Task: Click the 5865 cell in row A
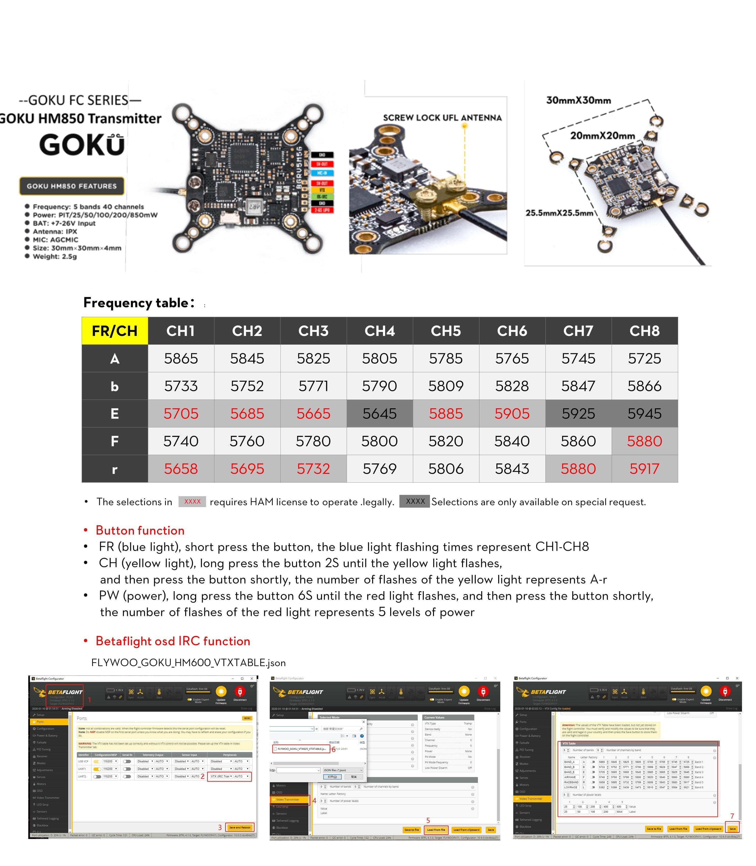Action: pyautogui.click(x=181, y=359)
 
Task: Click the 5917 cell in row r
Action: pyautogui.click(x=644, y=469)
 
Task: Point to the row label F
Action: pyautogui.click(x=115, y=441)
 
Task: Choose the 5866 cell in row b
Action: pyautogui.click(x=644, y=386)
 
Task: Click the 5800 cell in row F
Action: pyautogui.click(x=380, y=441)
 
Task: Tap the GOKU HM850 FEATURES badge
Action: pyautogui.click(x=72, y=186)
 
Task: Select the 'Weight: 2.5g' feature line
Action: pyautogui.click(x=55, y=256)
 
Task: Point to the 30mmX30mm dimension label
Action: pyautogui.click(x=578, y=100)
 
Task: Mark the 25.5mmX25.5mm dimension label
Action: pyautogui.click(x=559, y=213)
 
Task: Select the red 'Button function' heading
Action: pyautogui.click(x=140, y=530)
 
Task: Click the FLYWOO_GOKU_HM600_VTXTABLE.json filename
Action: pyautogui.click(x=188, y=663)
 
